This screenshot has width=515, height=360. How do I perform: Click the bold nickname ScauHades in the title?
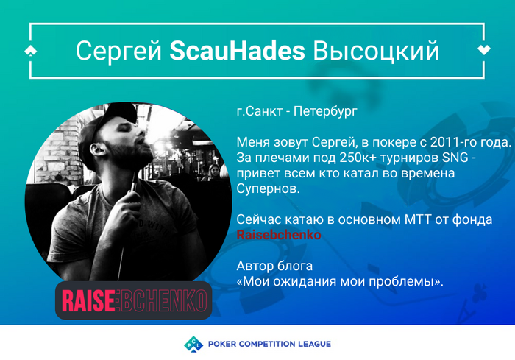click(x=237, y=51)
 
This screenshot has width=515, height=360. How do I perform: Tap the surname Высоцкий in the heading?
click(x=376, y=52)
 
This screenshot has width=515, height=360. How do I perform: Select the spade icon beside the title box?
click(x=31, y=51)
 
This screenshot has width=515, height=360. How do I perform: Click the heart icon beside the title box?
click(x=484, y=49)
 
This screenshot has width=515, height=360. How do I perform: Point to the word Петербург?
click(x=325, y=112)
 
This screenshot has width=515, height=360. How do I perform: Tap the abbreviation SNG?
click(x=455, y=158)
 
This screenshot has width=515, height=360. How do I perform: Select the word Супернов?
click(x=268, y=188)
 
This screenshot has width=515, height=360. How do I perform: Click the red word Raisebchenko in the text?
click(x=279, y=235)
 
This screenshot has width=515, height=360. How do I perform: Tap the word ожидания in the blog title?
click(x=305, y=281)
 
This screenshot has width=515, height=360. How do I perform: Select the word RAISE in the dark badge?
click(x=88, y=300)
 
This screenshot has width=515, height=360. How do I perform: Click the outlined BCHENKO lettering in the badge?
click(x=164, y=300)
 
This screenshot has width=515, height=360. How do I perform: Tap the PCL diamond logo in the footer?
click(x=193, y=344)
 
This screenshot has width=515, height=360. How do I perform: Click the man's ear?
click(x=98, y=149)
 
